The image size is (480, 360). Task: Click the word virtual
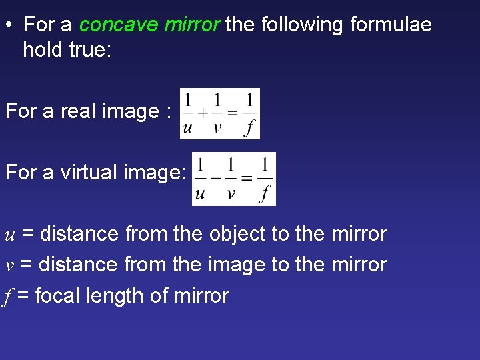[90, 172]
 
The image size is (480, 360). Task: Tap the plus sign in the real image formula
[203, 113]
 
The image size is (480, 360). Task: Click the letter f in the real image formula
[249, 126]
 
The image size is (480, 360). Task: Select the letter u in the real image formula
[188, 127]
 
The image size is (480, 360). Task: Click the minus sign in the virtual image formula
[215, 178]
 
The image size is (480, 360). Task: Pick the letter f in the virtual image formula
[265, 193]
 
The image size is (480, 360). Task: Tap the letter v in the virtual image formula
[231, 193]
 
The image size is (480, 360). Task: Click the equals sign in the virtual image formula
[247, 178]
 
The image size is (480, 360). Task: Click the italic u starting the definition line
[10, 235]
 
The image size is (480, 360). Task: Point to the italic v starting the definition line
[9, 265]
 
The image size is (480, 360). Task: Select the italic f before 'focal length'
[8, 295]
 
